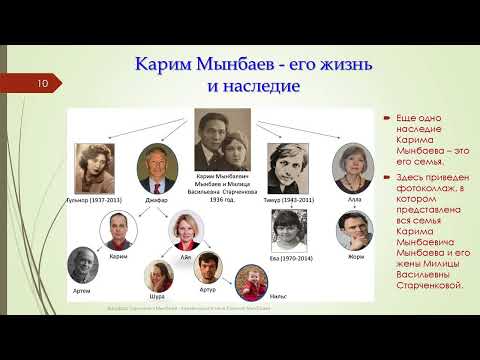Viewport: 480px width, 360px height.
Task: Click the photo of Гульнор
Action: (x=96, y=169)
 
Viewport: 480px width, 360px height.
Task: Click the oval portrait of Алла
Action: (x=351, y=168)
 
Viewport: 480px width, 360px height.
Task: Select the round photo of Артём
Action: (x=83, y=266)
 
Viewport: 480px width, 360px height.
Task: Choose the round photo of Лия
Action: (x=188, y=232)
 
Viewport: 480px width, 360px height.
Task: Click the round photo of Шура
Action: (x=157, y=277)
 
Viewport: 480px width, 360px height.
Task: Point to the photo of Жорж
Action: (x=355, y=230)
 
